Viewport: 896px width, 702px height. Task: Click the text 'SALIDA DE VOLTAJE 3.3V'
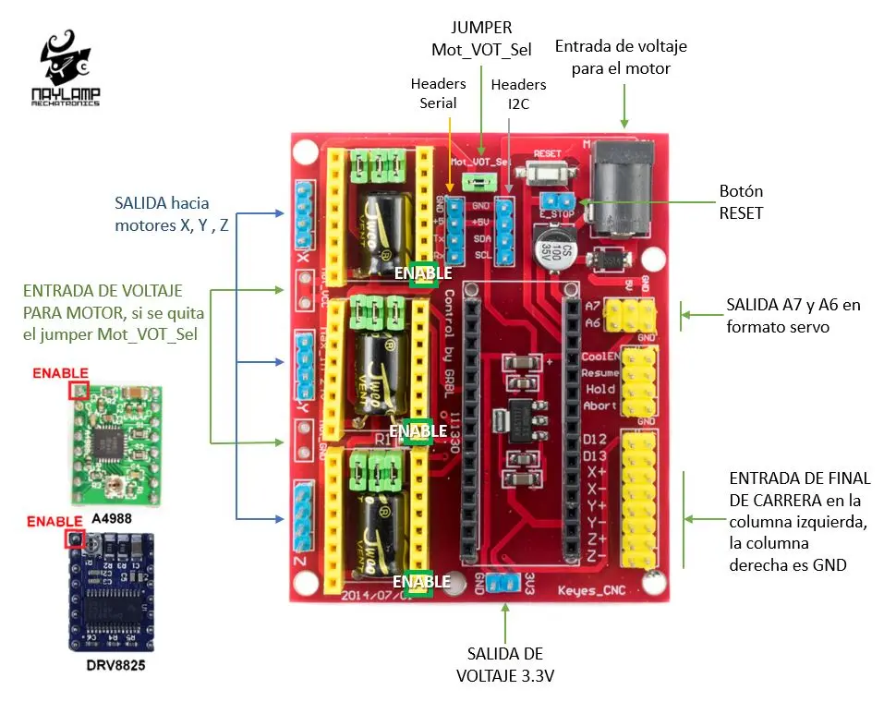[505, 665]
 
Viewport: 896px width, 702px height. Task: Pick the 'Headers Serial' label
[438, 93]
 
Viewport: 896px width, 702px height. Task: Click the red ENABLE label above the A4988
[60, 373]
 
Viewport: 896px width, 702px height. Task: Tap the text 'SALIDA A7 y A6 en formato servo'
[793, 314]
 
